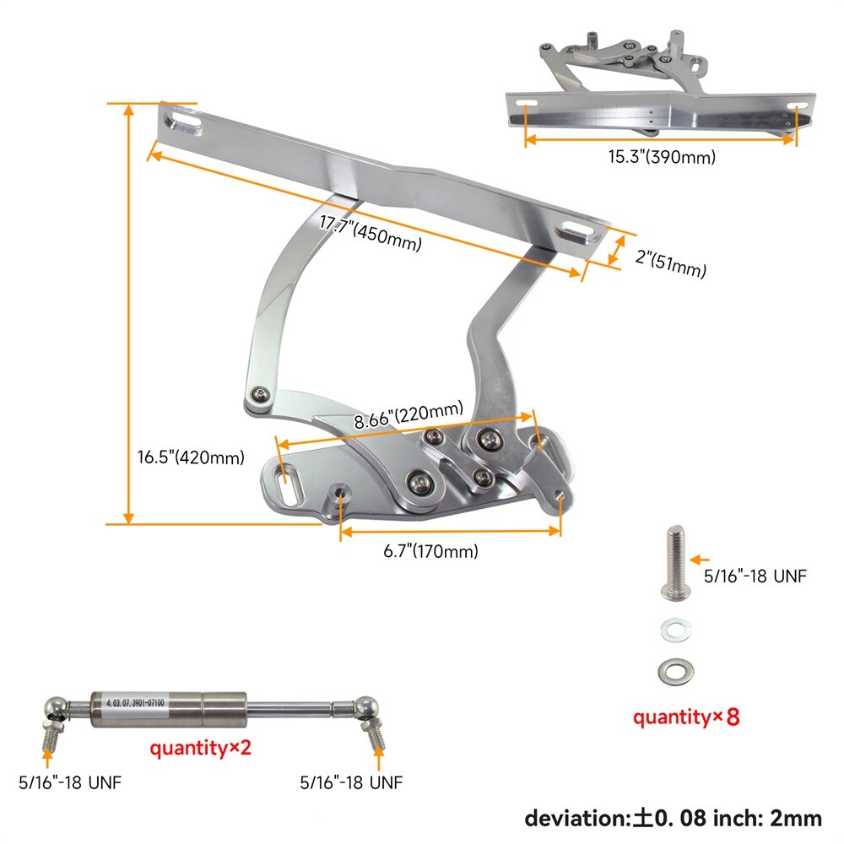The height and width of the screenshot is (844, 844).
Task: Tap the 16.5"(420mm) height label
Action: (191, 457)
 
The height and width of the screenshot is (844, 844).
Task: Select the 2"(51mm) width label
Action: (670, 262)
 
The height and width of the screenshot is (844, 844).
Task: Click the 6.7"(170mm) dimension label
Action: (430, 552)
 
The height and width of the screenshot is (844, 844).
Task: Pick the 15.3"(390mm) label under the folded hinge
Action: (663, 156)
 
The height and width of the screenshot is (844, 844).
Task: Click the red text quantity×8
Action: (686, 718)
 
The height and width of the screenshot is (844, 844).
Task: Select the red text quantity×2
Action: (201, 748)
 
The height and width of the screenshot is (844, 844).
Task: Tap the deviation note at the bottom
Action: (673, 817)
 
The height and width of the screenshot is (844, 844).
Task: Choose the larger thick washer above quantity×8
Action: (675, 671)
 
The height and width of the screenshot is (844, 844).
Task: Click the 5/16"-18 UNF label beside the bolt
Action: (755, 576)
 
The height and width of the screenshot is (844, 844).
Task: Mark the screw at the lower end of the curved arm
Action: (261, 394)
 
